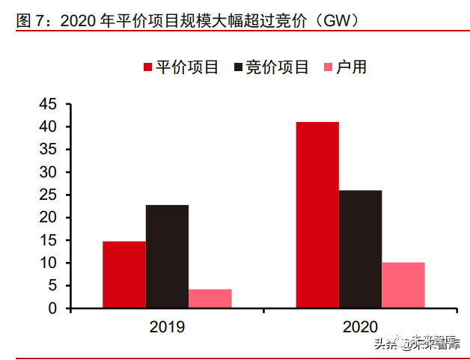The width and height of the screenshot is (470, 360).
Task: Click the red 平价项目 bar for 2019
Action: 124,274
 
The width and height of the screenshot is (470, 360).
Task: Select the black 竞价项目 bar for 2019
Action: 167,256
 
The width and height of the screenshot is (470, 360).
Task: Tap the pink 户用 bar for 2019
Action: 210,298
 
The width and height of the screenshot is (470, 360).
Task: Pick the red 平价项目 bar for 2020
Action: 317,214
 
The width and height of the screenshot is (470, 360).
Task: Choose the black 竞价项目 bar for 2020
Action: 360,248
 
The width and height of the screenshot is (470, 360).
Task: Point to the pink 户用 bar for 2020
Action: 403,284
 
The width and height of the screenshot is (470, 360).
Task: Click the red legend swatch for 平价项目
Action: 148,67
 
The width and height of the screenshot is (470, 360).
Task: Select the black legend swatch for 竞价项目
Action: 239,67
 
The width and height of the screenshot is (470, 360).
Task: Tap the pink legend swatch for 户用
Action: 329,67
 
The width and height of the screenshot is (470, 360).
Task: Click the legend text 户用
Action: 351,67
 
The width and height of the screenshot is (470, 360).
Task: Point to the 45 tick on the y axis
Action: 48,104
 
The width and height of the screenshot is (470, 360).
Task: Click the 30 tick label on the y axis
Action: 48,172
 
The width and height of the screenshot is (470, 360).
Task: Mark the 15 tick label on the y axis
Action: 48,240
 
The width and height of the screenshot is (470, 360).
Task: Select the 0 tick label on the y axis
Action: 52,308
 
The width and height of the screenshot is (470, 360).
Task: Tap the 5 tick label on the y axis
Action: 52,285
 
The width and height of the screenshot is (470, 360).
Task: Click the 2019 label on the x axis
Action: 167,326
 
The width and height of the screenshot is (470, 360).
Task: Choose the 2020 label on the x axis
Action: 360,326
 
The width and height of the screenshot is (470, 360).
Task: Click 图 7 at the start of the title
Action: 31,21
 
